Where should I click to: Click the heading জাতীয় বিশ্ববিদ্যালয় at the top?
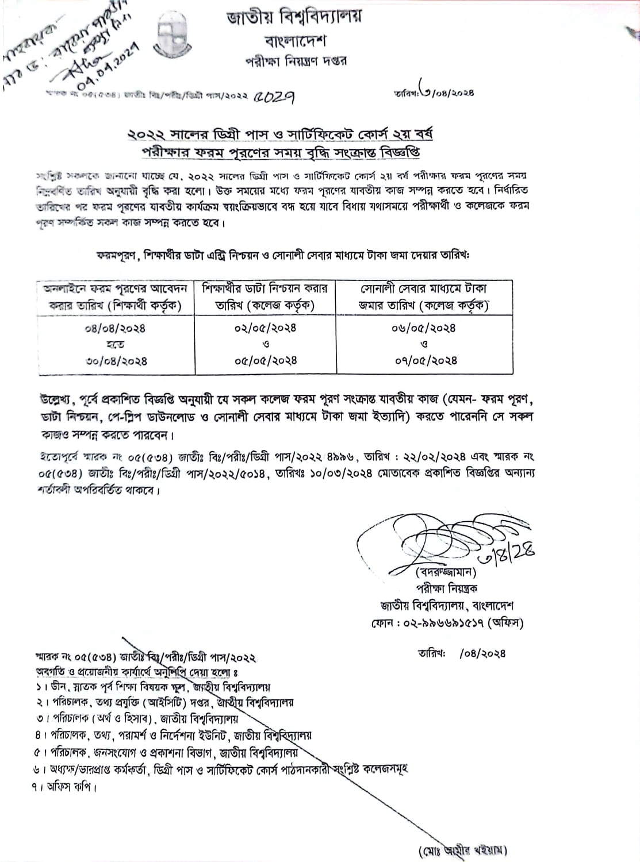(x=294, y=19)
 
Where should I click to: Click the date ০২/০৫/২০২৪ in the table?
(x=266, y=328)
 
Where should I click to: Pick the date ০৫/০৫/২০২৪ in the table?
(x=266, y=361)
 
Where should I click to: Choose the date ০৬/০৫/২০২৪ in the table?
(x=425, y=328)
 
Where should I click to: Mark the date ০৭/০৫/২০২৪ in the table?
(x=425, y=361)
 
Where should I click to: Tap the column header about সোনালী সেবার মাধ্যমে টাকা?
(x=424, y=297)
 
